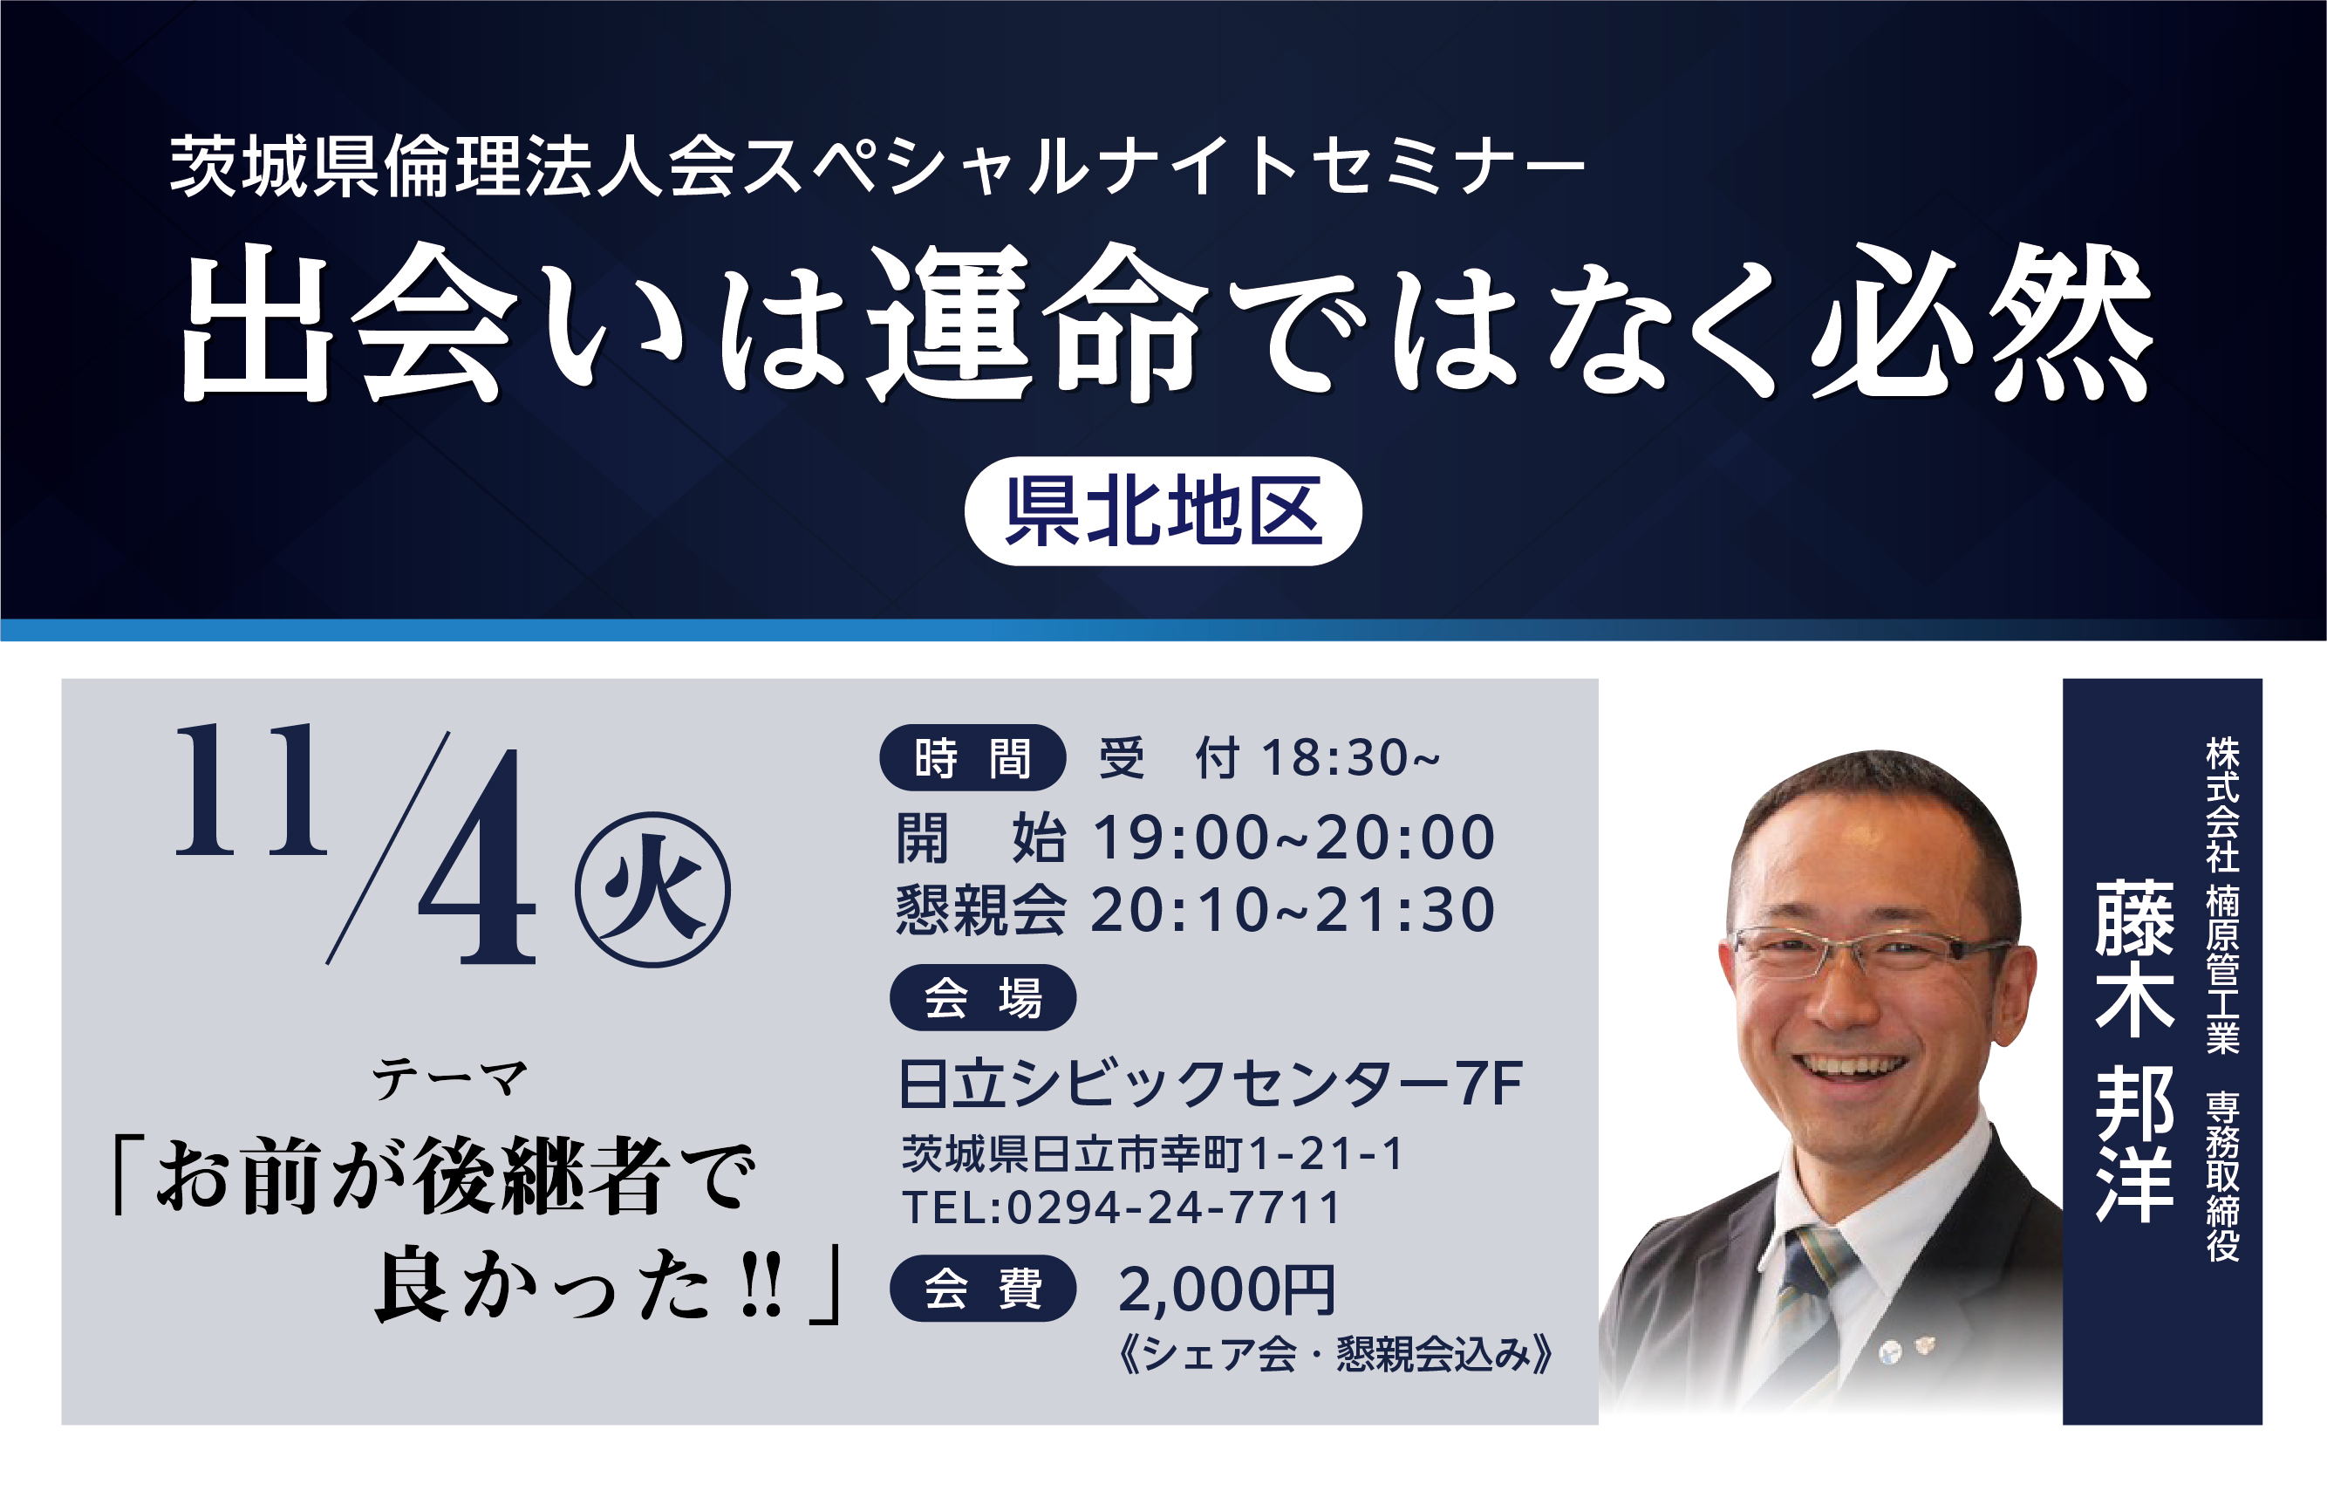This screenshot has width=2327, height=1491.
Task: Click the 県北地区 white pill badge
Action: [x=1163, y=511]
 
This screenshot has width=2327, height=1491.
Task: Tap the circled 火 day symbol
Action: [x=652, y=889]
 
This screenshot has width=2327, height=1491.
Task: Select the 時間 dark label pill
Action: [x=972, y=757]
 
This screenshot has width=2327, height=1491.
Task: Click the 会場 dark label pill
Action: [x=982, y=997]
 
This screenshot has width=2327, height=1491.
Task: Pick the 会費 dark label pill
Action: [x=982, y=1289]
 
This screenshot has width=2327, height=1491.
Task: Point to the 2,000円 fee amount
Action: [x=1227, y=1290]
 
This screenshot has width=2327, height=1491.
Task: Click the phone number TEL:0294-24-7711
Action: [x=1122, y=1207]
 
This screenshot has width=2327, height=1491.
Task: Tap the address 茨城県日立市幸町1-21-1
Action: [x=1152, y=1154]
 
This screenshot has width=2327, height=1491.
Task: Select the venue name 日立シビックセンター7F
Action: [x=1210, y=1084]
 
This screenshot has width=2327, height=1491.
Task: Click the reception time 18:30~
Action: [x=1350, y=757]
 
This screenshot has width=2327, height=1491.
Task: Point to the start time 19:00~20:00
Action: [x=1294, y=838]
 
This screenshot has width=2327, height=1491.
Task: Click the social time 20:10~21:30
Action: [x=1293, y=910]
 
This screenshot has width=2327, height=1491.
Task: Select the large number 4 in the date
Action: [x=477, y=858]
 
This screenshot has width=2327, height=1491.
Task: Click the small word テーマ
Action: [x=450, y=1078]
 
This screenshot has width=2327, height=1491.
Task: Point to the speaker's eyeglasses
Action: [x=1868, y=950]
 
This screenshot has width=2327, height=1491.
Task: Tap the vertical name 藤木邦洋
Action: [x=2134, y=1051]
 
